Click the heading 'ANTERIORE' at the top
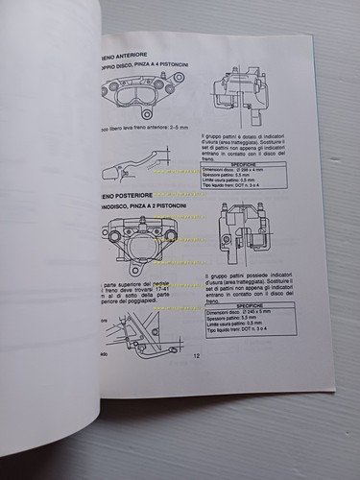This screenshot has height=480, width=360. tap(123, 56)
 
